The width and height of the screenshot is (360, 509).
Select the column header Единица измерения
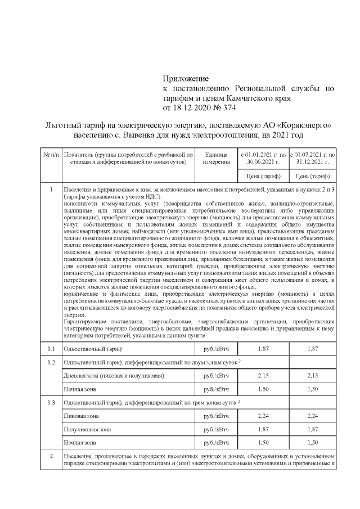216,157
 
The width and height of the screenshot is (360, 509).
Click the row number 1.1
51,349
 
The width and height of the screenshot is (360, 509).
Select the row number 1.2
51,362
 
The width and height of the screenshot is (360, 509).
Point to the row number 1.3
51,403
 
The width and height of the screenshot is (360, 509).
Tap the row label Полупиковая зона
87,429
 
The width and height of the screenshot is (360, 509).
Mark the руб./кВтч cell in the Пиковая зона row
216,416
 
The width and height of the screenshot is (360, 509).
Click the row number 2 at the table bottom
51,456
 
